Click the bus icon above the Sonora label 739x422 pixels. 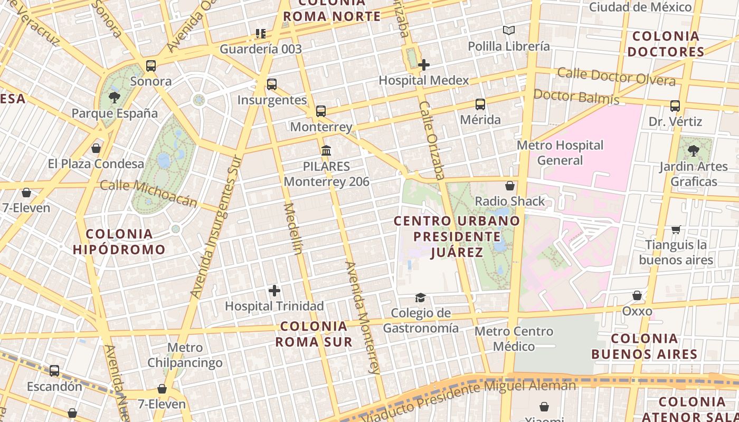(x=151, y=66)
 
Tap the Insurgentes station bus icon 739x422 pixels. (x=272, y=84)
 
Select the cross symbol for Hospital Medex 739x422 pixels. (x=424, y=65)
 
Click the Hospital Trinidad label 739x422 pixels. (x=274, y=306)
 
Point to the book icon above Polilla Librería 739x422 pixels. (x=508, y=31)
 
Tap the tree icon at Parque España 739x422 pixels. (x=114, y=98)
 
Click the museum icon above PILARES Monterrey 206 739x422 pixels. (x=326, y=151)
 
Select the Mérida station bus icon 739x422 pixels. (x=480, y=104)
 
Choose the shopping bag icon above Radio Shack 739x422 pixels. (x=510, y=186)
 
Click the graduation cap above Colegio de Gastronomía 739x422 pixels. (x=420, y=298)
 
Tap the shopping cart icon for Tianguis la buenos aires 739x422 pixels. (x=676, y=229)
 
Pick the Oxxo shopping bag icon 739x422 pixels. (x=637, y=295)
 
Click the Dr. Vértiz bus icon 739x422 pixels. (x=675, y=106)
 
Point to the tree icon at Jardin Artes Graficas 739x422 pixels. (x=694, y=151)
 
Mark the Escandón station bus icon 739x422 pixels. (x=54, y=371)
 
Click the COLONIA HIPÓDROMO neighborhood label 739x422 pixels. (x=119, y=242)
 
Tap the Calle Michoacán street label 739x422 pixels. (x=148, y=194)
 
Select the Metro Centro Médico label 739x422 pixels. (x=514, y=339)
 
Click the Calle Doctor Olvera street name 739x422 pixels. (x=616, y=76)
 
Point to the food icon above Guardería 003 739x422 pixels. (x=260, y=34)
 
